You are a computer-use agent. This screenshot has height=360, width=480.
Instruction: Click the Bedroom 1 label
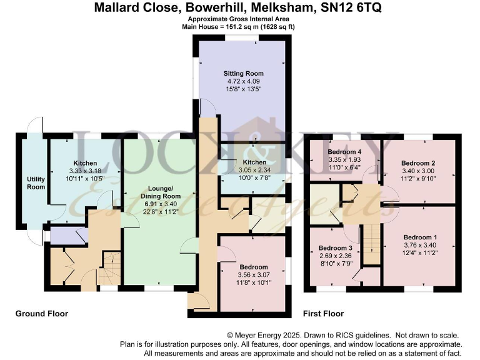419,237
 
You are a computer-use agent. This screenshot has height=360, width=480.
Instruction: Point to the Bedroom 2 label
418,163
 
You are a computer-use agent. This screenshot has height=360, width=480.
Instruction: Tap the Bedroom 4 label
344,152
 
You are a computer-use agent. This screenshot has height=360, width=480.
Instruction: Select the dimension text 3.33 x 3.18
84,171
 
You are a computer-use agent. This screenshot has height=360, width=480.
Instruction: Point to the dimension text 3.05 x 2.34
249,169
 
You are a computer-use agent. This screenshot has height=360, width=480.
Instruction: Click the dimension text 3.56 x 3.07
253,275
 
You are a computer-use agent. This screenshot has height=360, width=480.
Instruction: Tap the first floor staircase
372,244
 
